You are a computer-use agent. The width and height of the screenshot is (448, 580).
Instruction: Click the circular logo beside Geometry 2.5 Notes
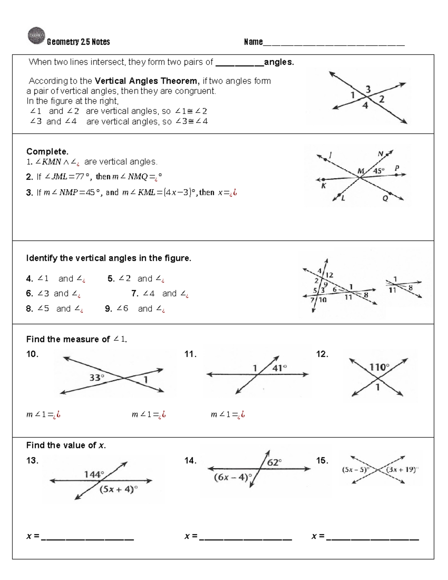[36, 36]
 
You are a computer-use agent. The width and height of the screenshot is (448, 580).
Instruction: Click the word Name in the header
[253, 42]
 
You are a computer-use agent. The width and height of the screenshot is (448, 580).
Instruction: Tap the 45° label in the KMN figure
[379, 171]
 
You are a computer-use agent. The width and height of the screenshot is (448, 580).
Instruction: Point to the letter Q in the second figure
[385, 198]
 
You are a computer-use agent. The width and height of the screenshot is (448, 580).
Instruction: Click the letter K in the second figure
[324, 186]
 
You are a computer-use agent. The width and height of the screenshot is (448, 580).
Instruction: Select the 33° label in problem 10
[97, 378]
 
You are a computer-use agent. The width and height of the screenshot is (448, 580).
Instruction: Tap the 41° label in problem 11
[280, 368]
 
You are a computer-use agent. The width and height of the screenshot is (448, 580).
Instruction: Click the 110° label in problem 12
[379, 367]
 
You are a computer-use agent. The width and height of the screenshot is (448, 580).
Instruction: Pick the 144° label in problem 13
[94, 474]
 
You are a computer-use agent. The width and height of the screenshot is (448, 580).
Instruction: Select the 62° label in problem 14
[274, 462]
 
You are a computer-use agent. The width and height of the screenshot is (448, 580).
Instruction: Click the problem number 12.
[322, 354]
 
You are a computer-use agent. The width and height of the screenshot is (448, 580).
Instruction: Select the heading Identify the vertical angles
[108, 258]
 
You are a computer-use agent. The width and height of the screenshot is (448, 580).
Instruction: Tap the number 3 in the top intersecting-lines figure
[368, 89]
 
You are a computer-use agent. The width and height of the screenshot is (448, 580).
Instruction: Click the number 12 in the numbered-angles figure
[329, 275]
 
